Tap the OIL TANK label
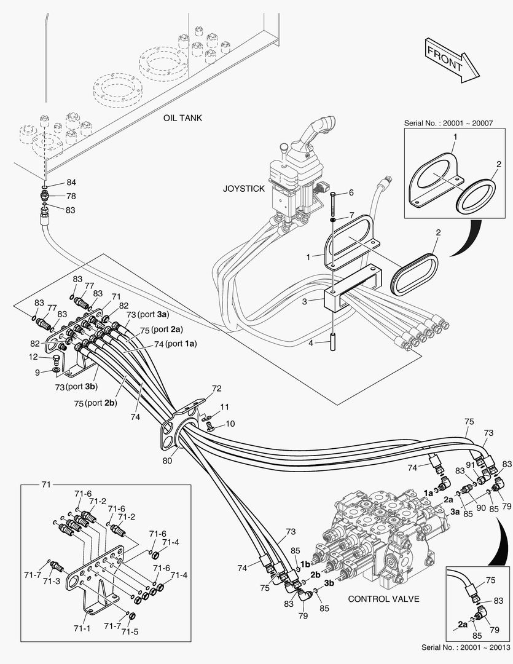(182, 117)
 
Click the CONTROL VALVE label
(384, 598)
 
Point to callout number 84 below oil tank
(71, 183)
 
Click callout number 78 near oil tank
(71, 196)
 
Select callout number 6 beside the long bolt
(351, 192)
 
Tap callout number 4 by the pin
(311, 343)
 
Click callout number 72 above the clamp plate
(216, 389)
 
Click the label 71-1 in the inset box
(83, 628)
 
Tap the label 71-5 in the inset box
(130, 631)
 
